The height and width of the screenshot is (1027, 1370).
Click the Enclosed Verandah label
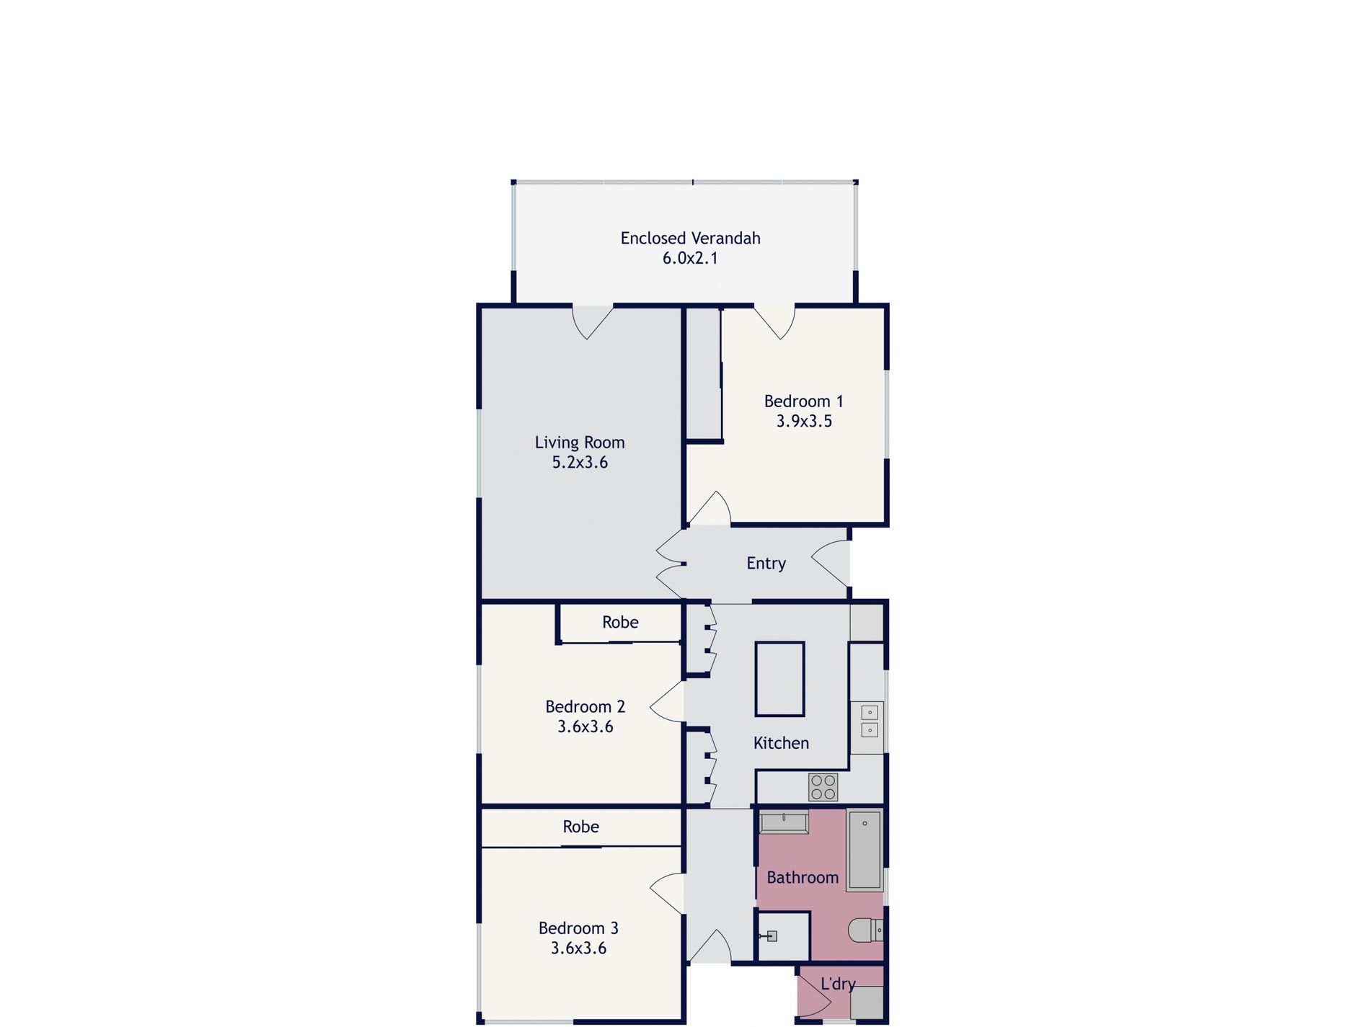click(x=690, y=239)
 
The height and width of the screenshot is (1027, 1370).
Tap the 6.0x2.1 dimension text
click(x=690, y=258)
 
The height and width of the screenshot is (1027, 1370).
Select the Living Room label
click(x=580, y=443)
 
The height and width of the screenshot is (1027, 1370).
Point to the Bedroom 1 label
click(x=803, y=401)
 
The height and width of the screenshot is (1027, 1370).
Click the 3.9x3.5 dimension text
click(x=804, y=421)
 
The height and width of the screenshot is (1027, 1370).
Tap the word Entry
click(x=766, y=564)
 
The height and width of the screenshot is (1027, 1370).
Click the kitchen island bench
click(x=779, y=679)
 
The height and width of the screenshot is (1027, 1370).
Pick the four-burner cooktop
click(x=823, y=786)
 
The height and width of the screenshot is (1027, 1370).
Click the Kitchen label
click(x=781, y=743)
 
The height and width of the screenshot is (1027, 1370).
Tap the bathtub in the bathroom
click(x=864, y=850)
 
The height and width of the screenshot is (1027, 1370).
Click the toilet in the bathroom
click(x=865, y=930)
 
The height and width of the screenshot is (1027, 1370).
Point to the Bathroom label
click(x=803, y=878)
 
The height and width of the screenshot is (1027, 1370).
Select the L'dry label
click(x=838, y=984)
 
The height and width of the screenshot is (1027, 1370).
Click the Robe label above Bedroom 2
click(x=620, y=623)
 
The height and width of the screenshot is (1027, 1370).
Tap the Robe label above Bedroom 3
click(x=580, y=827)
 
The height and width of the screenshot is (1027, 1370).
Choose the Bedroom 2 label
click(x=585, y=707)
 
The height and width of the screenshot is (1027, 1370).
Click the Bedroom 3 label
click(x=578, y=928)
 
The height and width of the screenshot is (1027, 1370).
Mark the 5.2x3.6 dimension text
click(x=580, y=463)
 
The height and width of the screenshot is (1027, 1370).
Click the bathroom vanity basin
click(x=785, y=822)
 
